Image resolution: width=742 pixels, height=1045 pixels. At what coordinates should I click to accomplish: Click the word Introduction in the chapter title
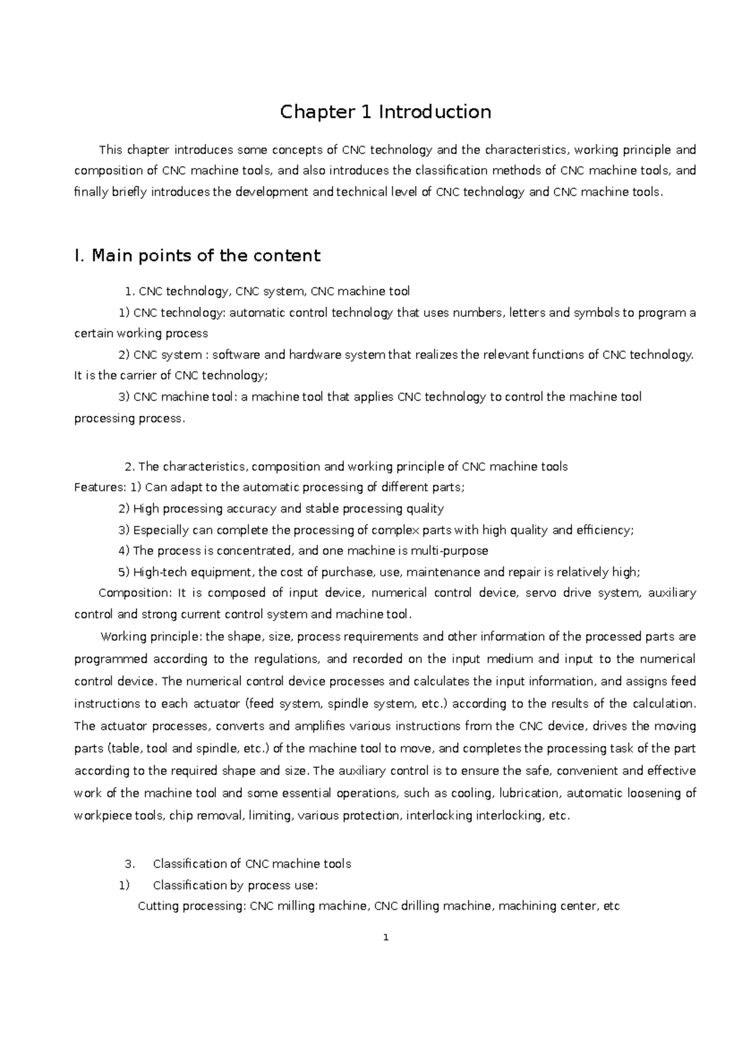pyautogui.click(x=435, y=112)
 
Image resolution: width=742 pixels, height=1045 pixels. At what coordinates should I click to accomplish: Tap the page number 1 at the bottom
pyautogui.click(x=386, y=937)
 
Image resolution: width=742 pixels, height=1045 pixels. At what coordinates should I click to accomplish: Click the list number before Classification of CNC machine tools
pyautogui.click(x=129, y=864)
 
